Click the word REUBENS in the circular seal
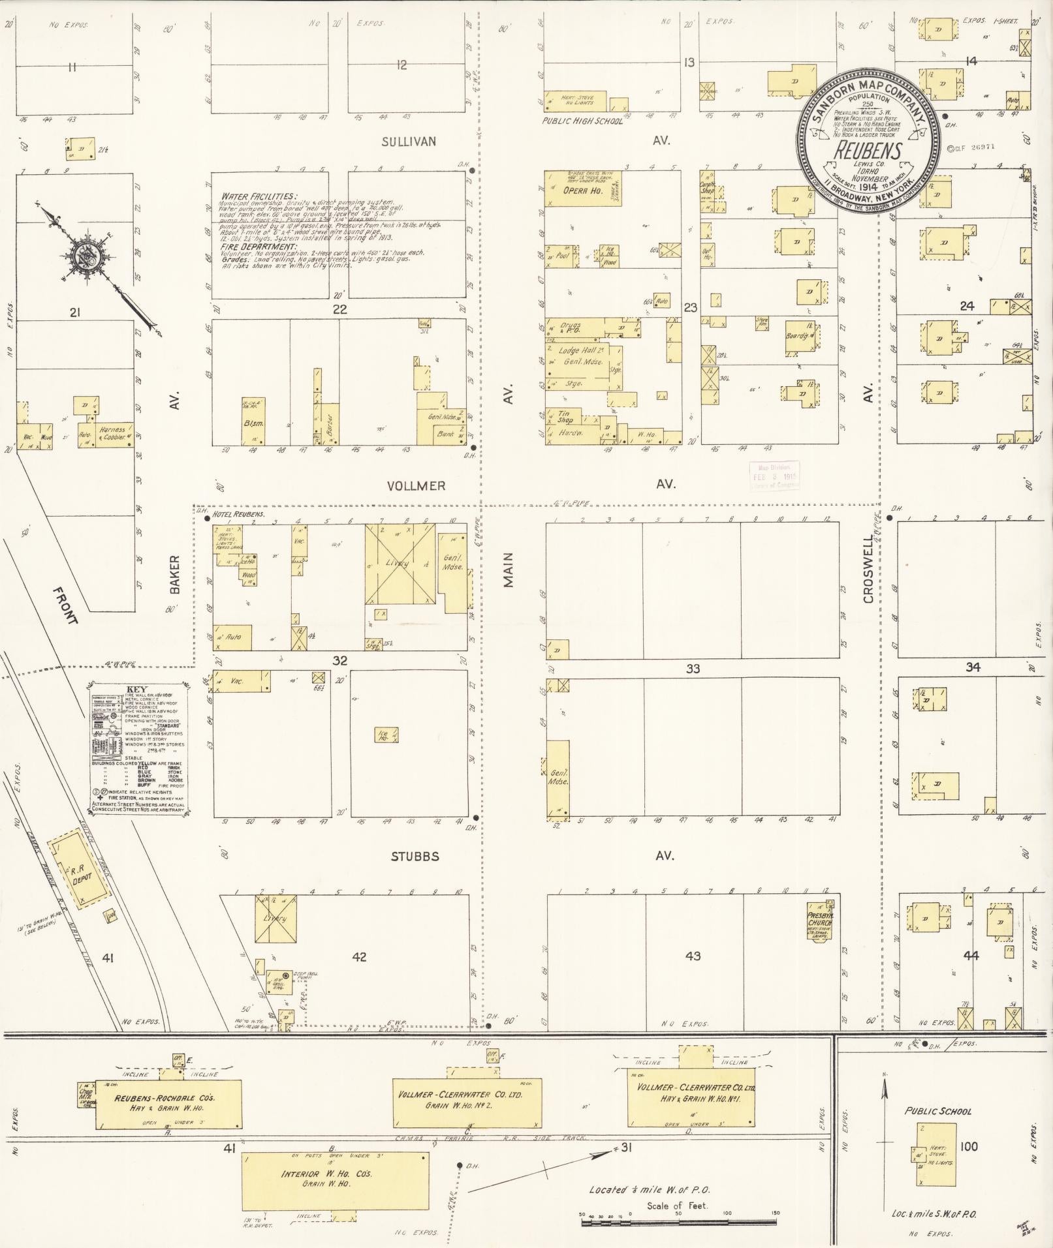click(868, 151)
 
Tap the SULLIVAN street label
click(409, 141)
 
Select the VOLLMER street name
click(416, 485)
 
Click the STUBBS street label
click(415, 857)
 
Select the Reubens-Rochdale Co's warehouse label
click(165, 1099)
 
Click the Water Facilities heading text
click(259, 196)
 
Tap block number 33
click(693, 669)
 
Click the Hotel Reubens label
click(238, 514)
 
